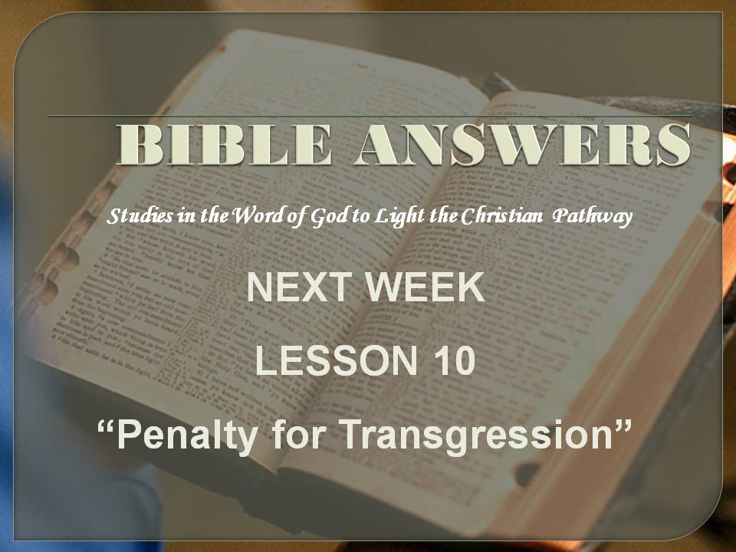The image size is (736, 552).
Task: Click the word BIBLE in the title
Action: [224, 144]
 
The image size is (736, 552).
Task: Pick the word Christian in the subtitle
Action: [501, 215]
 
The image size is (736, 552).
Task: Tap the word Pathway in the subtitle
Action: [593, 217]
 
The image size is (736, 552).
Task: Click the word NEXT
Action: [300, 287]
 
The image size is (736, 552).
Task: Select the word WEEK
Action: [426, 287]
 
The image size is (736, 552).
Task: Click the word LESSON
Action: [336, 360]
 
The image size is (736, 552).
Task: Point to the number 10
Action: [452, 360]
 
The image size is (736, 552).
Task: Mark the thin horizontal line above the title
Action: [370, 116]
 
